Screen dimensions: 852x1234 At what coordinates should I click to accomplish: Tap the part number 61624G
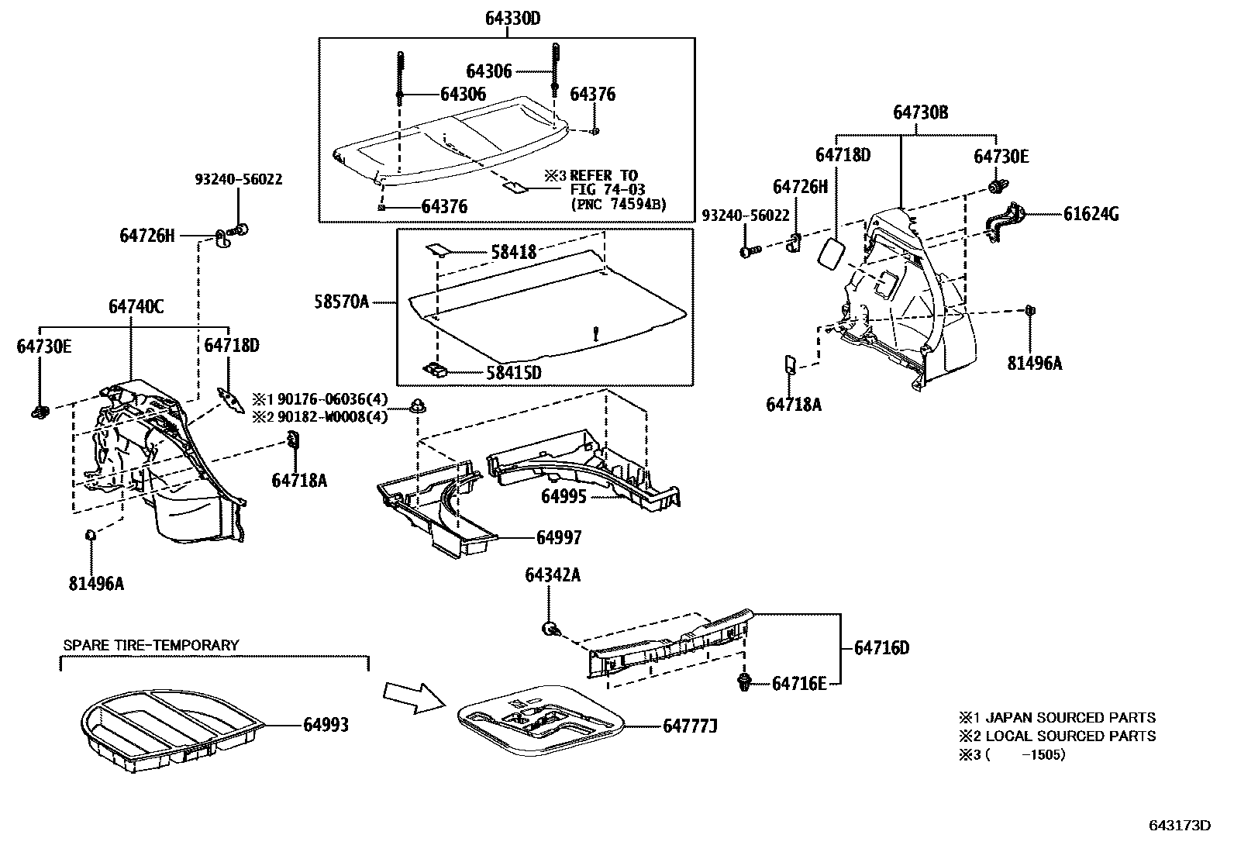coord(1091,214)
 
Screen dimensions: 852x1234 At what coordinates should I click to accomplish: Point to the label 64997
coord(558,537)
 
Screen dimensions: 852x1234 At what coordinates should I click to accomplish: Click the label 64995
coord(564,497)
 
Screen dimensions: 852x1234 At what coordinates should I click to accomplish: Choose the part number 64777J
coord(690,726)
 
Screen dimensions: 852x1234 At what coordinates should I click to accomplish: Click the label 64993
coord(326,725)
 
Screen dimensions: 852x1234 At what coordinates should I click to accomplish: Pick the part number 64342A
coord(552,574)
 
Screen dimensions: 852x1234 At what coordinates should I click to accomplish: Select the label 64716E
coord(799,683)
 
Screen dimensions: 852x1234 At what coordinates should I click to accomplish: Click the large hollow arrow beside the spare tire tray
coord(415,695)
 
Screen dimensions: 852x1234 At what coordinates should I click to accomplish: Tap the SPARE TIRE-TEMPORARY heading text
coord(151,645)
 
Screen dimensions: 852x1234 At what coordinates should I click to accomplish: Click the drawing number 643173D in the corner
coord(1179,825)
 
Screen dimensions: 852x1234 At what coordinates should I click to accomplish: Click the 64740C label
coord(136,307)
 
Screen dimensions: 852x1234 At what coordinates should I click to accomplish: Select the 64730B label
coord(920,112)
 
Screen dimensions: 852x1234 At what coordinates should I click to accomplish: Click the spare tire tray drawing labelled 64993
coord(171,729)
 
